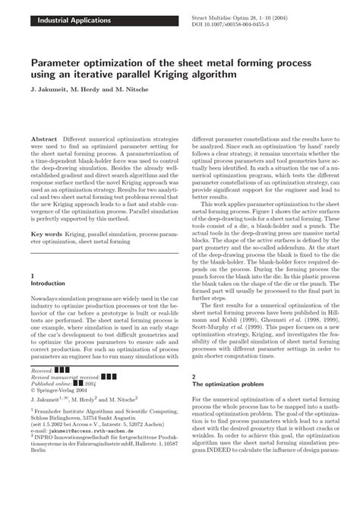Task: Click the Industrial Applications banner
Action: click(x=68, y=20)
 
